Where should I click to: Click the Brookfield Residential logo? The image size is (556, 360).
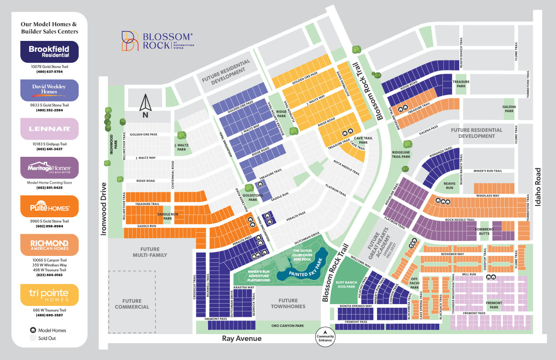[49, 52]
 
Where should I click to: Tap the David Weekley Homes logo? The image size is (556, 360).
[49, 90]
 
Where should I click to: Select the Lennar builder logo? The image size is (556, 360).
[49, 129]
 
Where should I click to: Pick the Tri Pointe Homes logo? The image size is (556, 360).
[49, 295]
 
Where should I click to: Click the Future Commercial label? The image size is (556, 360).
[132, 304]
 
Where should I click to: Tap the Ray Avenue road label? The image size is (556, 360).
[242, 339]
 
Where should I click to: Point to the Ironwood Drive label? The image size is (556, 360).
[104, 209]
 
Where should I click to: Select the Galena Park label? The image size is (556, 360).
[509, 108]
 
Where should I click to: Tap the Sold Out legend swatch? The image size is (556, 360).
[33, 338]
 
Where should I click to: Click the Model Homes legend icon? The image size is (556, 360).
[33, 330]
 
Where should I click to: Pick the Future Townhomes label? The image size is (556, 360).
[288, 303]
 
